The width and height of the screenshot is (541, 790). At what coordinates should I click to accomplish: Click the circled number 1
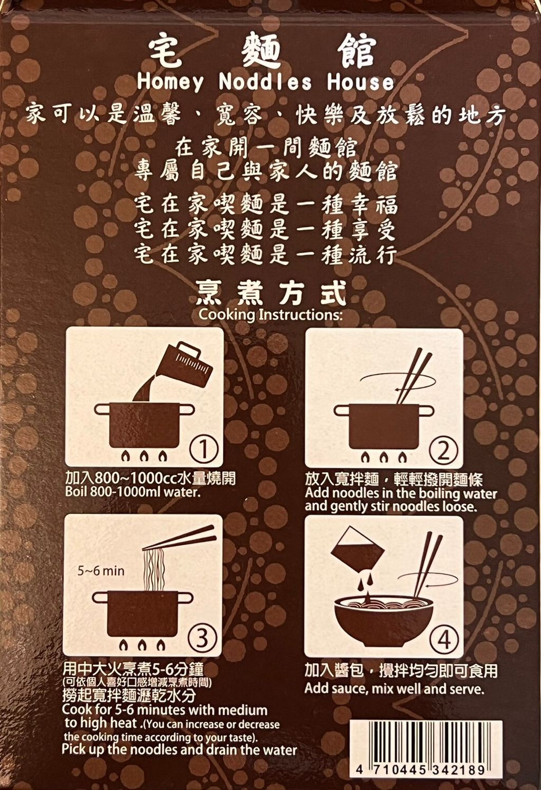[x=203, y=449]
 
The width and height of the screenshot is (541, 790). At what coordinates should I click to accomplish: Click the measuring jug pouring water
[x=183, y=367]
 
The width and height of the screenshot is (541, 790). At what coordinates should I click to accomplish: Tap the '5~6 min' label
[x=101, y=571]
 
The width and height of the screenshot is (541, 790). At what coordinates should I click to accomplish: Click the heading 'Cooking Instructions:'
[x=270, y=315]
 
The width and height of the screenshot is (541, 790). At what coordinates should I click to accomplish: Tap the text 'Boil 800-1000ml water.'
[x=133, y=492]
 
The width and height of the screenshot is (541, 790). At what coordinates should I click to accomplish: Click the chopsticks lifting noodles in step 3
[x=179, y=537]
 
